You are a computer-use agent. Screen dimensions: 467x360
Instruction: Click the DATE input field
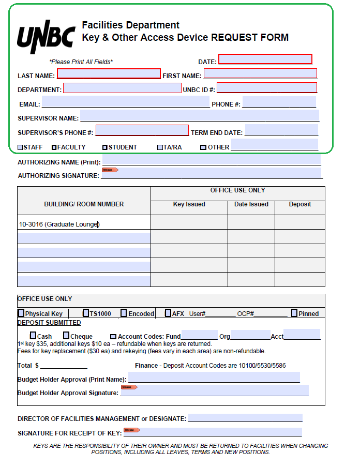coord(265,59)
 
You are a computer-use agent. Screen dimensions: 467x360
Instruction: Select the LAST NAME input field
coord(109,74)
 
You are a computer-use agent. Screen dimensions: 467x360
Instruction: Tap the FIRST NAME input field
coord(260,73)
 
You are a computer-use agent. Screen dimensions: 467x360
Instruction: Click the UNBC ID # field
coord(267,88)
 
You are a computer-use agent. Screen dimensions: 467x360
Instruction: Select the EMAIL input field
coord(125,102)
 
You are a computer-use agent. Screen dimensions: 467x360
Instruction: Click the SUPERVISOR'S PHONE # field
coord(142,130)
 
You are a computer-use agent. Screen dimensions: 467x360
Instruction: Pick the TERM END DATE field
coord(281,130)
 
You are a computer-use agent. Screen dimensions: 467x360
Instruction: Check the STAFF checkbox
coord(20,147)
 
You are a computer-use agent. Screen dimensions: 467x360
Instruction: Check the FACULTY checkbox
coord(54,147)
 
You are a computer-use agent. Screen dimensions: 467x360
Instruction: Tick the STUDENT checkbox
coord(105,147)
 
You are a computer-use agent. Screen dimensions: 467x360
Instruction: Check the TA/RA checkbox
coord(160,147)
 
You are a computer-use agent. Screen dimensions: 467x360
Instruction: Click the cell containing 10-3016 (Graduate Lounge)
coord(84,224)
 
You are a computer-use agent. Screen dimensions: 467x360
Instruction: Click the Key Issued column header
coord(189,204)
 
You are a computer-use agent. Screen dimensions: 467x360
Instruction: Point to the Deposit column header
coord(299,204)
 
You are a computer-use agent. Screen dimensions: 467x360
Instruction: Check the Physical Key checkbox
coord(21,313)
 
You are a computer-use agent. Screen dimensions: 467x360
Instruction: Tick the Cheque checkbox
coord(66,336)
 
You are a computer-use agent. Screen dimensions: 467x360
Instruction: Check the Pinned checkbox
coord(294,313)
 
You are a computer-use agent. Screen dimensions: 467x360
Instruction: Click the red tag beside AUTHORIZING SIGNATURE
coord(110,170)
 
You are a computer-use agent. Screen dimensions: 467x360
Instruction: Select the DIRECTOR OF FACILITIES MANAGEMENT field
coord(245,418)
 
